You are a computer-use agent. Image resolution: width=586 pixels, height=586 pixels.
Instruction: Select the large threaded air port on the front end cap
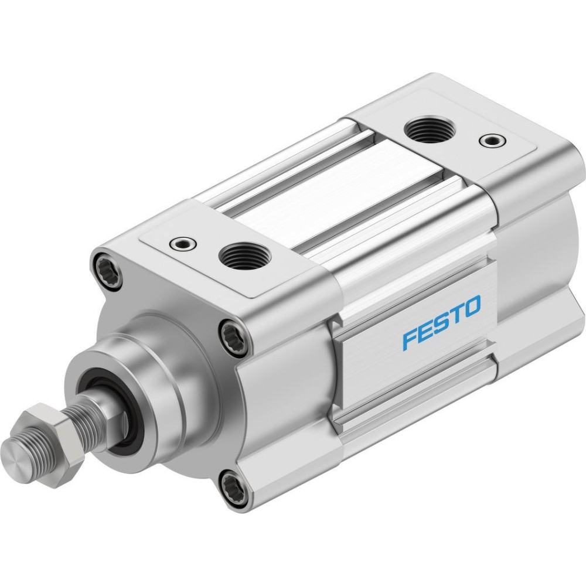pos(240,256)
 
